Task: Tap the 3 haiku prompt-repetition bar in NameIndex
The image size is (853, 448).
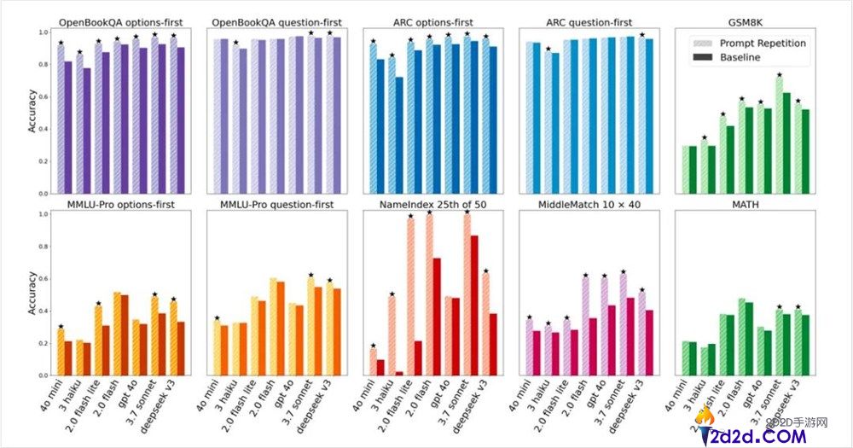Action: tap(391, 335)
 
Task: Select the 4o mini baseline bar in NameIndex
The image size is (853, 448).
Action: tap(380, 367)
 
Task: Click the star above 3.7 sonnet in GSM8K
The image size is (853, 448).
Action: tap(779, 75)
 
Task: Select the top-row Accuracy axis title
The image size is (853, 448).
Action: tap(32, 113)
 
